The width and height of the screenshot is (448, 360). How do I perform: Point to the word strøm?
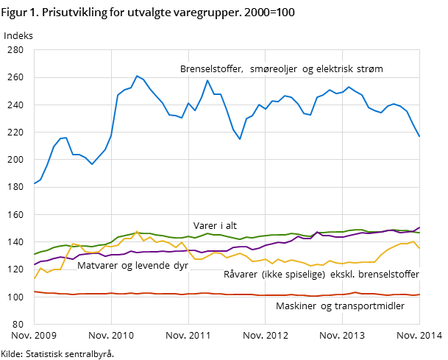[x=371, y=69]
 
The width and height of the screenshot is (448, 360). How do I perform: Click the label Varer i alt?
[x=215, y=226]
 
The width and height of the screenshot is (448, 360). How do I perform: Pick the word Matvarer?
[x=99, y=266]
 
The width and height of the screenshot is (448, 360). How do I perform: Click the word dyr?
[x=180, y=266]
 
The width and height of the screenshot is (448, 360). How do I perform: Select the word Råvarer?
[x=241, y=275]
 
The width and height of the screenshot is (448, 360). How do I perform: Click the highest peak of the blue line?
[x=137, y=75]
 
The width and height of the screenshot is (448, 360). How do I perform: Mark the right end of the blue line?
[x=419, y=136]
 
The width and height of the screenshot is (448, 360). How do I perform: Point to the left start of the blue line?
[x=35, y=183]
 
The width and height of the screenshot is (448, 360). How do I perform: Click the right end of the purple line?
[x=419, y=227]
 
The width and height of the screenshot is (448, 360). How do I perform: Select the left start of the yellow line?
[x=35, y=278]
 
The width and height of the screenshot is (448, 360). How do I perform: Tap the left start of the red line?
[x=35, y=292]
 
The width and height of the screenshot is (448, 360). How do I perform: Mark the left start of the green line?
[x=35, y=254]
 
